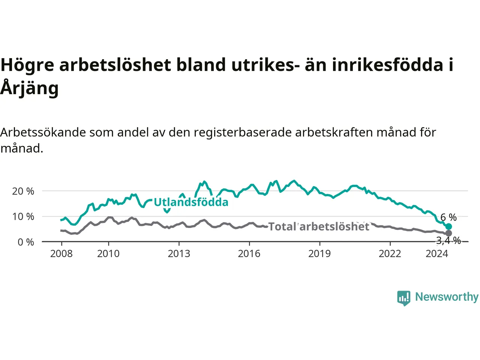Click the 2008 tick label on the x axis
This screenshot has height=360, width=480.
61,254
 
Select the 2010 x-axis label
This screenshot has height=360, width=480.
108,254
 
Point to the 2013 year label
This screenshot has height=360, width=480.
179,254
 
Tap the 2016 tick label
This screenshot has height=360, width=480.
249,254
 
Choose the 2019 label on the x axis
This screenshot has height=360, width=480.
319,254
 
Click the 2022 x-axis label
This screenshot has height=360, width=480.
390,254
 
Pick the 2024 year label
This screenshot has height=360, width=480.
437,254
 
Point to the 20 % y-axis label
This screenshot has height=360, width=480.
23,192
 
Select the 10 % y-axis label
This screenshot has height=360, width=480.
23,217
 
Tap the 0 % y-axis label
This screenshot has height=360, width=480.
26,242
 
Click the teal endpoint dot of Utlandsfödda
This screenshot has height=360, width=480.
448,226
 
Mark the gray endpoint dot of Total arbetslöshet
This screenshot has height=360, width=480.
448,233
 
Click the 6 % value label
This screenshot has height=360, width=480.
448,217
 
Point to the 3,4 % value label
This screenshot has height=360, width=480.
448,241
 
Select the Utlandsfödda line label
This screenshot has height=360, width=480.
191,202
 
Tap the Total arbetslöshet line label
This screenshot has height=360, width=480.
319,226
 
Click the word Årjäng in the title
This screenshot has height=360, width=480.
29,88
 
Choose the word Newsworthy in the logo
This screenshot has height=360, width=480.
447,297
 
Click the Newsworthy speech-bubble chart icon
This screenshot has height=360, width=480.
403,298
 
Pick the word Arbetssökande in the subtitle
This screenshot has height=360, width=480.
43,132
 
